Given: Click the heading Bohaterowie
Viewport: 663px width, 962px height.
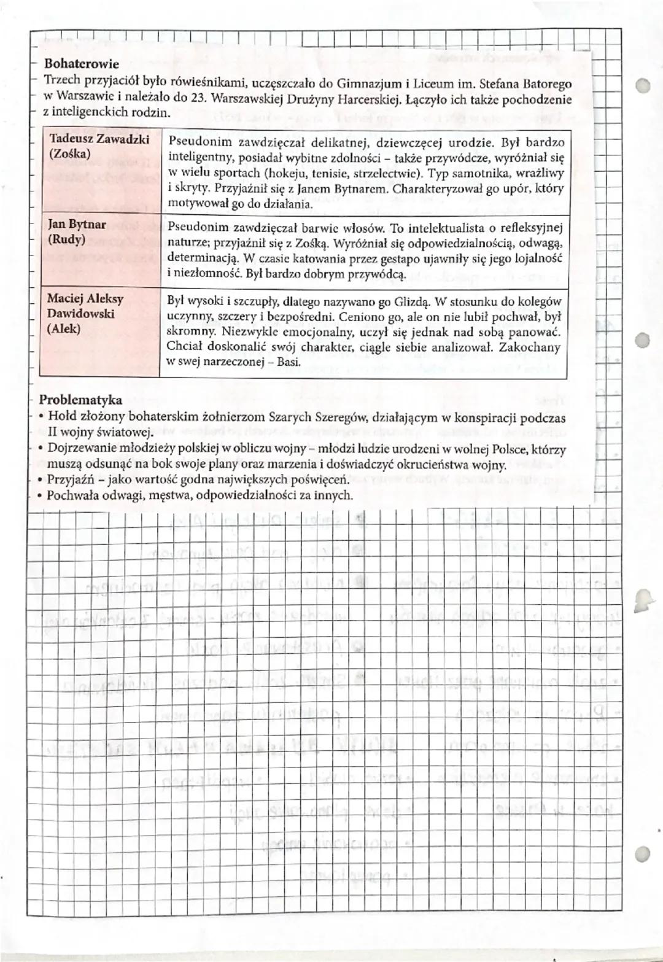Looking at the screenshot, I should (x=82, y=64).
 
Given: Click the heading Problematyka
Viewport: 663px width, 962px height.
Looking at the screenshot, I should (x=80, y=400).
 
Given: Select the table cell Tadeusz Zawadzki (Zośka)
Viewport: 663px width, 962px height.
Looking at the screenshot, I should (x=99, y=147).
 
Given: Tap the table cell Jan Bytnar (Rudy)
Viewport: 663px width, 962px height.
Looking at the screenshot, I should (x=77, y=232).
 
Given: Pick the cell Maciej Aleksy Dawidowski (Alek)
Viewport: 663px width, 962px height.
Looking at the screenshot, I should (x=85, y=314).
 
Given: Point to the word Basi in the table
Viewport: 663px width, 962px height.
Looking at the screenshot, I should (x=289, y=362).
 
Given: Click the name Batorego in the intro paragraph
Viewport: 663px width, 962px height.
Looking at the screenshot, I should (x=549, y=83).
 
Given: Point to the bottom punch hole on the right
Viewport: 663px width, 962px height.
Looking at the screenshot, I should (x=642, y=852).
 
